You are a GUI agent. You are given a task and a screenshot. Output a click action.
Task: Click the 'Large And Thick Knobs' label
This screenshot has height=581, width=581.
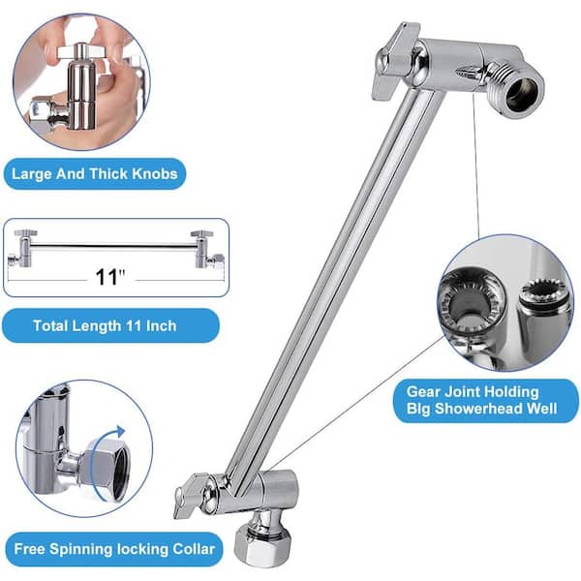93,175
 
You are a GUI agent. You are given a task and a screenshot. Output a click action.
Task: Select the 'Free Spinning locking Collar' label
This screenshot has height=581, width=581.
110,549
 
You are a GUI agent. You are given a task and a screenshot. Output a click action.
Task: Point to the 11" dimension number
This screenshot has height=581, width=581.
111,277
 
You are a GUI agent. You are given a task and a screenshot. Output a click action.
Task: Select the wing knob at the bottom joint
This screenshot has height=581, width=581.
193,495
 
